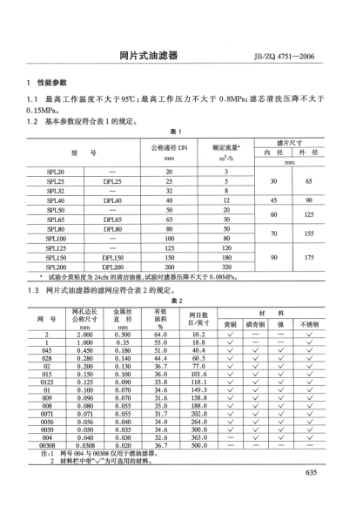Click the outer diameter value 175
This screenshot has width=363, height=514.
tap(308, 258)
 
